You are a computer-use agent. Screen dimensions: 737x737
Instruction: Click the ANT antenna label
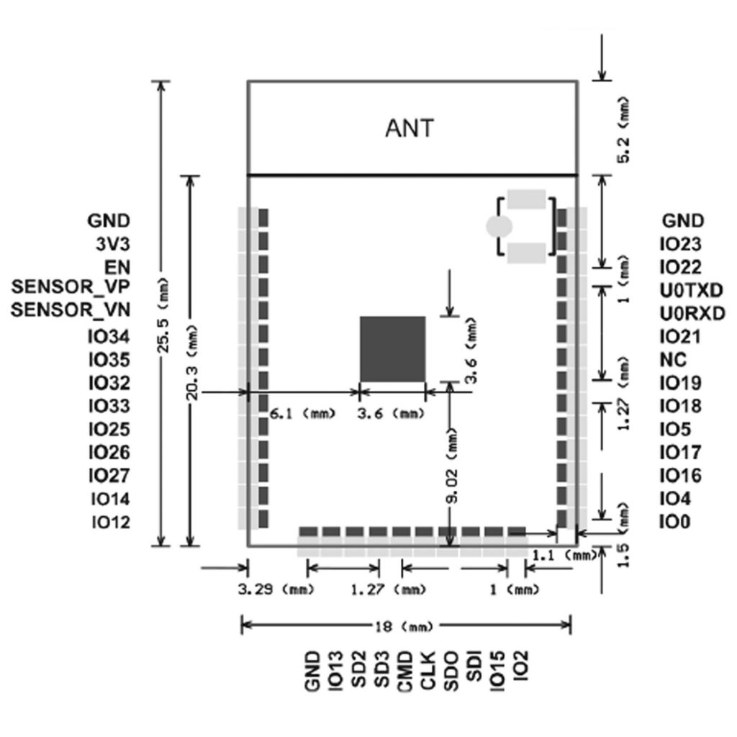410,128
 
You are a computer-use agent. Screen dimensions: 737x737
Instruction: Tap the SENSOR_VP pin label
71,287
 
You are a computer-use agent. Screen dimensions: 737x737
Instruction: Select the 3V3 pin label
113,245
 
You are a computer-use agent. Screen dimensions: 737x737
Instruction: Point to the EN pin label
117,268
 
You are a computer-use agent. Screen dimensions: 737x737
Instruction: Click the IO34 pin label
109,337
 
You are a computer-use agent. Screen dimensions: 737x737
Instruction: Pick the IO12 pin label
110,523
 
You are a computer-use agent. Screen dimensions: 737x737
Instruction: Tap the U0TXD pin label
691,291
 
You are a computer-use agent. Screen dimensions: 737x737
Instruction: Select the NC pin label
673,360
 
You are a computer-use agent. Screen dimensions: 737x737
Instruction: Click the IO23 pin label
681,244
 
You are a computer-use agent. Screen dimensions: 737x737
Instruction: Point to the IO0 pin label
675,522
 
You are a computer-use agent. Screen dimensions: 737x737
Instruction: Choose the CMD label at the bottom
405,672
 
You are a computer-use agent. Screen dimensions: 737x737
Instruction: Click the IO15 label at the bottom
497,672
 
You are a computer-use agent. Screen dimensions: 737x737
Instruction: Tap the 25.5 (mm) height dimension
163,315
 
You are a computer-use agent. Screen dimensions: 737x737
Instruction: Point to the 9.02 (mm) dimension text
452,466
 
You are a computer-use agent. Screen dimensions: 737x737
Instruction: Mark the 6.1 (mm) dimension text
303,414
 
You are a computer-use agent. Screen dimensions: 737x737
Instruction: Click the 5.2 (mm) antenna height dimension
623,130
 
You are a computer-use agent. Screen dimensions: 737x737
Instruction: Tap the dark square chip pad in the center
392,349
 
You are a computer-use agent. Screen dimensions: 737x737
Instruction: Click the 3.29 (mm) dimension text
276,589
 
